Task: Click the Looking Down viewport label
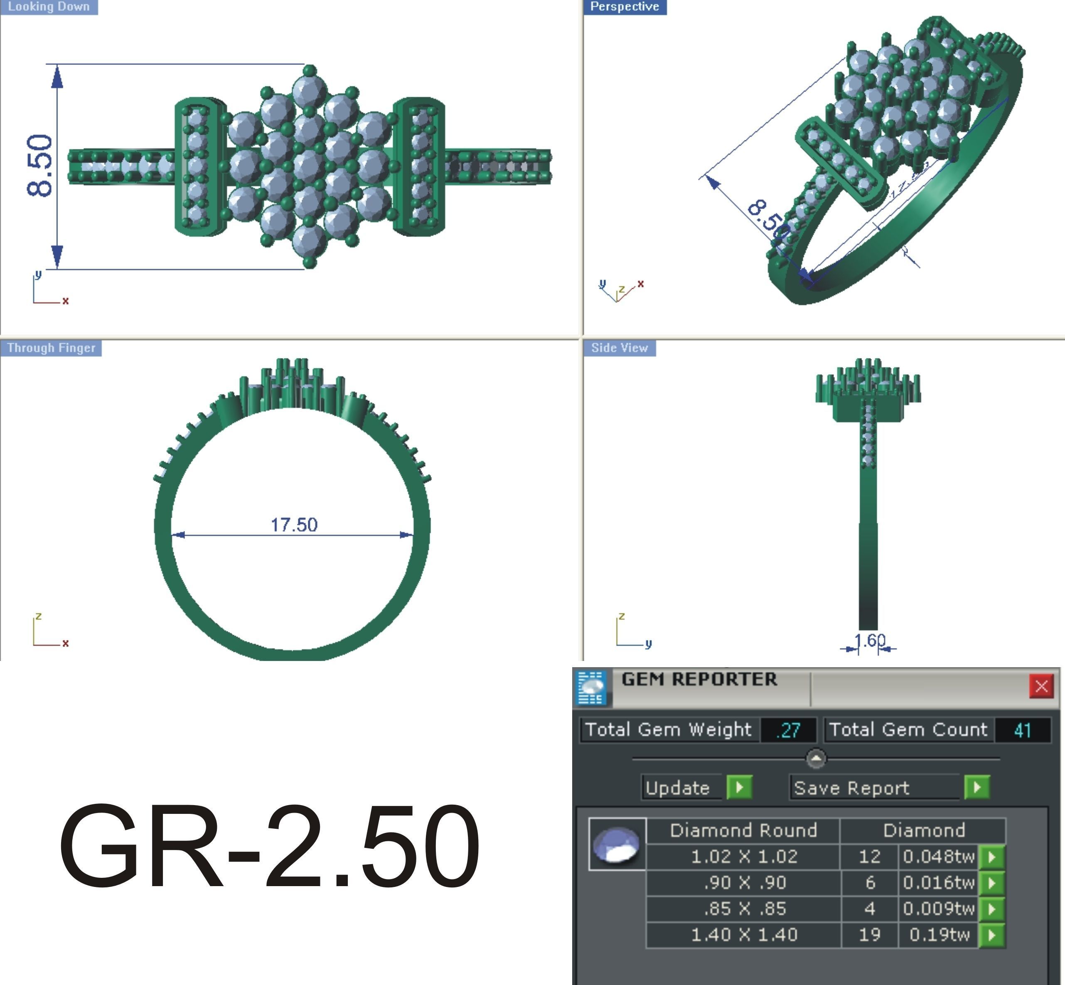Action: click(x=49, y=7)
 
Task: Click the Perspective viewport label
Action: click(x=624, y=7)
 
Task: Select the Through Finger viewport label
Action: click(x=51, y=348)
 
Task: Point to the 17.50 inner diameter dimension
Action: click(x=294, y=525)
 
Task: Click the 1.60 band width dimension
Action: click(x=869, y=640)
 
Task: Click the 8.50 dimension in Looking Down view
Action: click(x=40, y=166)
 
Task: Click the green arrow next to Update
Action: click(x=739, y=787)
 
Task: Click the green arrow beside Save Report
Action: click(x=976, y=787)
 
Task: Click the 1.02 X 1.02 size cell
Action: click(x=743, y=857)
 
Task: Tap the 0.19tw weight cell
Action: click(x=939, y=934)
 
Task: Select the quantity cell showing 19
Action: click(x=869, y=934)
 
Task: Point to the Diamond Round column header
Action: click(x=743, y=830)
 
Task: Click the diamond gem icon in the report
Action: click(x=617, y=844)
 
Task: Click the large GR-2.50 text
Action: click(x=269, y=847)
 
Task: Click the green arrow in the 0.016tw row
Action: click(x=992, y=883)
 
